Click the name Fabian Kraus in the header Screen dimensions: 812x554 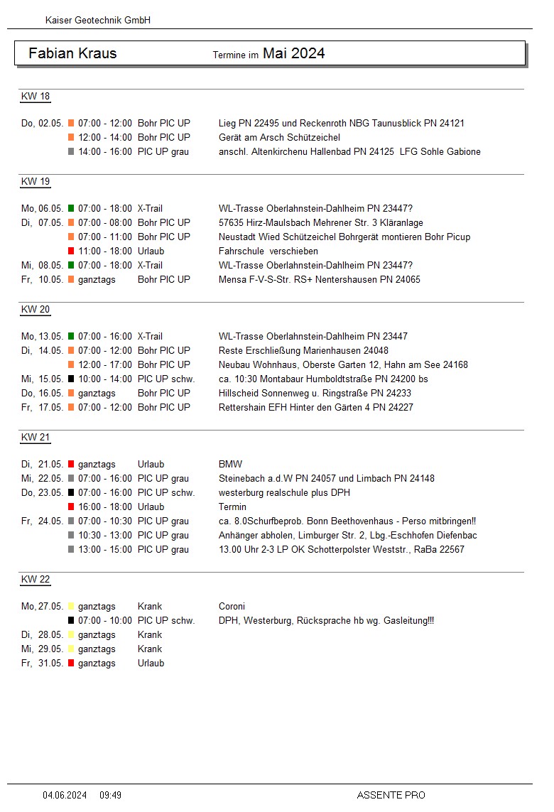point(72,53)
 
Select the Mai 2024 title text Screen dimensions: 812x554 point(293,53)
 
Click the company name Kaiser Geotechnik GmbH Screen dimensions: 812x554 point(98,21)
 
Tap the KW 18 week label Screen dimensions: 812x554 point(36,97)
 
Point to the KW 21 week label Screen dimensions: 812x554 point(36,438)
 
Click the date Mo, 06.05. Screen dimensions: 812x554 point(42,208)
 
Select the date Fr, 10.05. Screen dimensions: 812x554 point(43,279)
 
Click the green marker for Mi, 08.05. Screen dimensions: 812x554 point(71,265)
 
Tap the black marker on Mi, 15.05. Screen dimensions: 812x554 point(71,379)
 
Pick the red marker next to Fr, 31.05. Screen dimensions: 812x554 point(71,663)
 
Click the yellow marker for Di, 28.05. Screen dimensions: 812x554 point(71,634)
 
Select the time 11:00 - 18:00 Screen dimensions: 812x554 point(105,251)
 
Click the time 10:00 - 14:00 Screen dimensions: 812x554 point(105,379)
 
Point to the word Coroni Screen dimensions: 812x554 point(232,606)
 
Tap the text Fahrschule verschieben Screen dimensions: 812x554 point(268,251)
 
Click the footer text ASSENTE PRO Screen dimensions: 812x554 point(391,795)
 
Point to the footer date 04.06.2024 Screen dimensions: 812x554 point(65,795)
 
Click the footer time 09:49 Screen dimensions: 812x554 point(110,795)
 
